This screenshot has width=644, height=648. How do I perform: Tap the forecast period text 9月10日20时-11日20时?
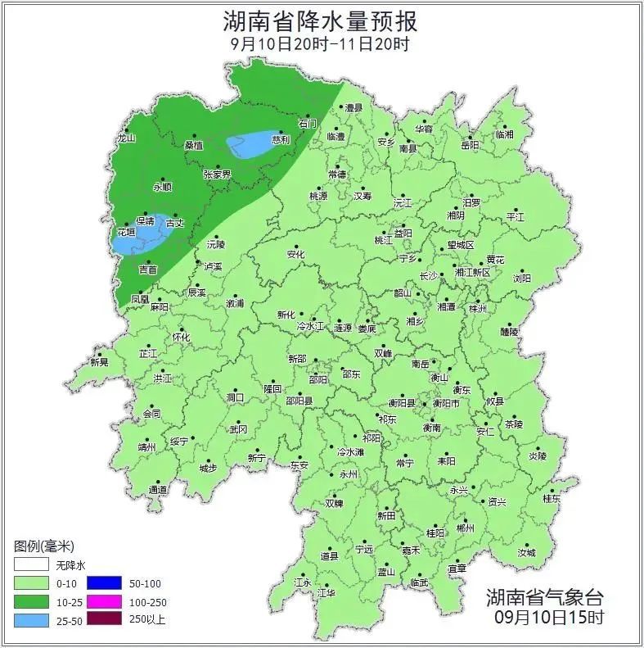click(320, 44)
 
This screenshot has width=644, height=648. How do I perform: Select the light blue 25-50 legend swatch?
click(32, 619)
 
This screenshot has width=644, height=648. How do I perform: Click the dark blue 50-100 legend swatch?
click(105, 583)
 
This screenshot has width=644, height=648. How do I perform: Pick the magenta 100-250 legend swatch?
click(105, 601)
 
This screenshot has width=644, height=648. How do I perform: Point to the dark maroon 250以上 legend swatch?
click(105, 619)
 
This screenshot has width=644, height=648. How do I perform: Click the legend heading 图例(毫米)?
click(44, 546)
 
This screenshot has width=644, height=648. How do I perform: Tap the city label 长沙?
click(428, 276)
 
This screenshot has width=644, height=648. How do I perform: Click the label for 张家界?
click(217, 174)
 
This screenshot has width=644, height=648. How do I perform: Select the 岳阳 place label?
click(470, 145)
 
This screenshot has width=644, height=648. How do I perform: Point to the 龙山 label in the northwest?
click(125, 138)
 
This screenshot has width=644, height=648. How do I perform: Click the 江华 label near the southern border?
click(327, 592)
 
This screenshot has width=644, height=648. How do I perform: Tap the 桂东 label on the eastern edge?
click(552, 498)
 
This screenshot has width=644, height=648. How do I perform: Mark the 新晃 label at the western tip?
click(99, 361)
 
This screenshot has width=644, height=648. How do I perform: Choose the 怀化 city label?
click(181, 337)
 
